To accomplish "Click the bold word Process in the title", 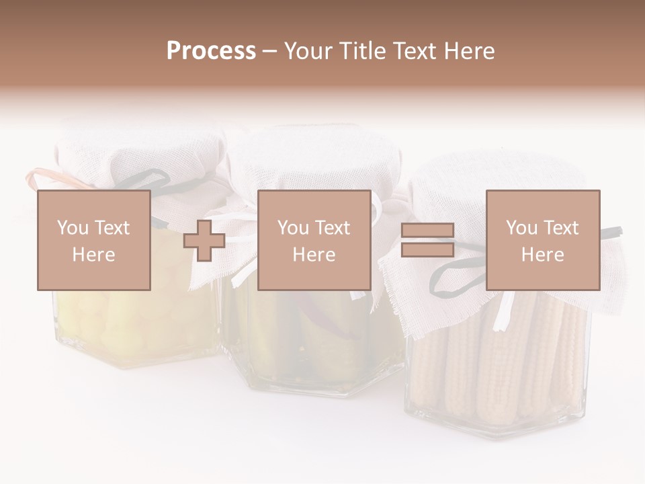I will (211, 51).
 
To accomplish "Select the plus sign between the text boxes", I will (204, 241).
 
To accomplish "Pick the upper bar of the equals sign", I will (427, 231).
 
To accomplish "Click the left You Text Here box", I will (94, 240).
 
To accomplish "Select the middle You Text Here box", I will (314, 240).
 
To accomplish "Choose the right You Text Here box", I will (543, 240).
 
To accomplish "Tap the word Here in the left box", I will (93, 255).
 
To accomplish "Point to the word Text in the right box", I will (560, 228).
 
